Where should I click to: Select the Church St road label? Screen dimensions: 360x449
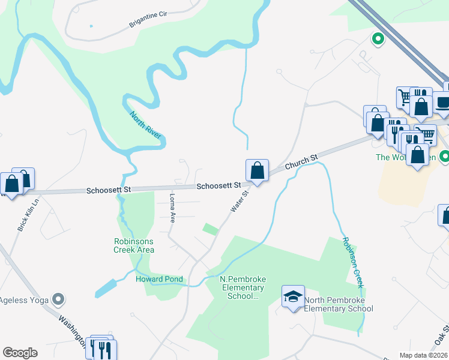(x=301, y=163)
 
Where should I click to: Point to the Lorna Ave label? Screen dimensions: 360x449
(x=172, y=207)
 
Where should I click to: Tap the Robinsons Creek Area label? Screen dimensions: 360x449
(x=133, y=245)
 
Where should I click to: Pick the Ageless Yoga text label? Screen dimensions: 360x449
(x=24, y=299)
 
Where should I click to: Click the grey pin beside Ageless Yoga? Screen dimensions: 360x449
(x=58, y=298)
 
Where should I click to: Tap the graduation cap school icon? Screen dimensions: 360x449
(x=293, y=296)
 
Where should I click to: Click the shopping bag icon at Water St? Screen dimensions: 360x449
(x=257, y=170)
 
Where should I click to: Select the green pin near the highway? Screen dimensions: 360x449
(x=378, y=39)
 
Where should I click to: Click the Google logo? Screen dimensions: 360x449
(x=20, y=353)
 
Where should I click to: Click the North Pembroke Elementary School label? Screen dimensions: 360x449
(x=339, y=305)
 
